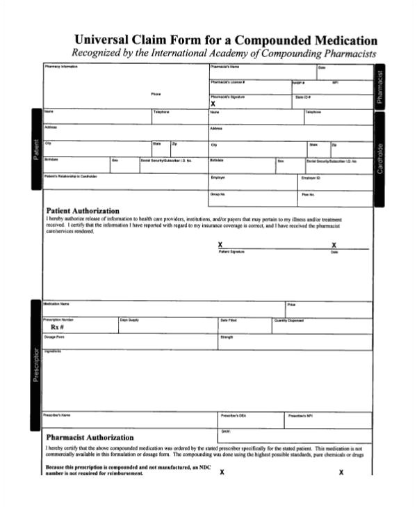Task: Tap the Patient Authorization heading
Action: (x=82, y=211)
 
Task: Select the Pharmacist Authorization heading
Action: (x=89, y=437)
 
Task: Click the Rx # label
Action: (x=58, y=327)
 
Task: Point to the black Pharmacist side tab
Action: (x=380, y=87)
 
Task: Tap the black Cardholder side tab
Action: (x=380, y=159)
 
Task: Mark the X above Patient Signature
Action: (x=220, y=245)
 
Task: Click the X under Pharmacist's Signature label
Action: (x=213, y=103)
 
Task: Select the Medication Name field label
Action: (x=56, y=304)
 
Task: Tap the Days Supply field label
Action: (x=129, y=320)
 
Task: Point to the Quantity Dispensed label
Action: (x=289, y=320)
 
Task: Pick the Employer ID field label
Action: (x=311, y=177)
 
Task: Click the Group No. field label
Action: (x=218, y=194)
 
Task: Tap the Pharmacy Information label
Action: (x=61, y=67)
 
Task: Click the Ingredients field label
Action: (x=54, y=351)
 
